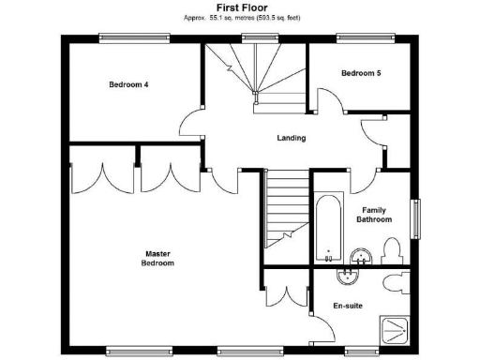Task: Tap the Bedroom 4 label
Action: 128,84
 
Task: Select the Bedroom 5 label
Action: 360,72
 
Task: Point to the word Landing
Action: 291,138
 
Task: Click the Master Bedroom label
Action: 157,258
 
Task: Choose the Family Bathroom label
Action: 373,215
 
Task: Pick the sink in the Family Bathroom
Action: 359,257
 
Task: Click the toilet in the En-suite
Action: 395,281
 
